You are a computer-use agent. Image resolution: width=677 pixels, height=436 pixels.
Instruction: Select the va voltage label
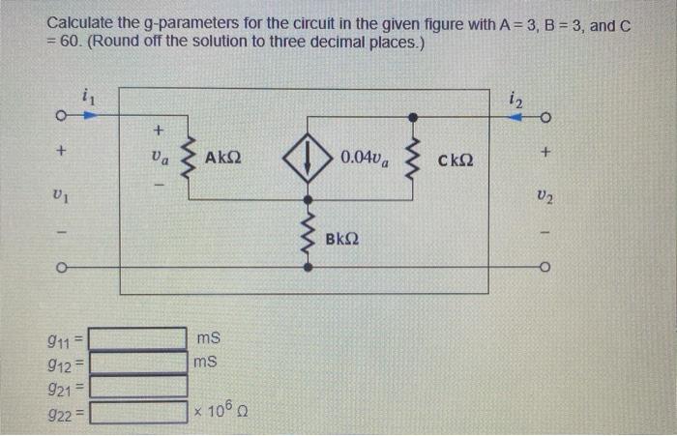pos(160,158)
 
